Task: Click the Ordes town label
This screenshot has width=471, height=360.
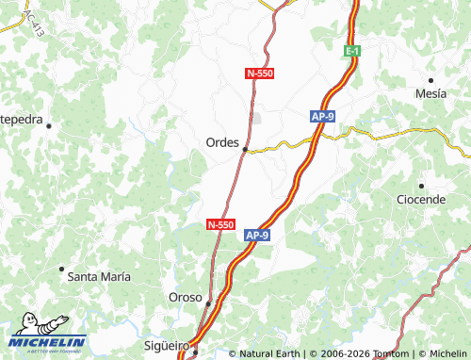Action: (222, 141)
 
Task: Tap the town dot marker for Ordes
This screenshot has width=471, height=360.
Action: (245, 149)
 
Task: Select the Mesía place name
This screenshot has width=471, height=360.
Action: (431, 94)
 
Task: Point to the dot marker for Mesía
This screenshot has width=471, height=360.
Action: (430, 80)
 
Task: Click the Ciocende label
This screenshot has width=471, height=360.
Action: (420, 200)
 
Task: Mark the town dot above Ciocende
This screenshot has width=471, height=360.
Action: (421, 186)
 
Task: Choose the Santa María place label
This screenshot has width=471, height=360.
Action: (99, 276)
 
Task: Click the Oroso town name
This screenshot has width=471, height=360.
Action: (185, 297)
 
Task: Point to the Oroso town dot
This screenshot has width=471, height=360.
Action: (208, 303)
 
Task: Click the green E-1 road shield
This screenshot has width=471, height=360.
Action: (352, 49)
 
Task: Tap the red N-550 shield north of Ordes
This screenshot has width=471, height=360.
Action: (259, 73)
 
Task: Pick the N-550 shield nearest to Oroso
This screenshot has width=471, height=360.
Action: (219, 224)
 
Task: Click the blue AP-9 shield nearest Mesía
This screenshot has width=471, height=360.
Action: (323, 116)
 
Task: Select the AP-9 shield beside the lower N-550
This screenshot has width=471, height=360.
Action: (257, 235)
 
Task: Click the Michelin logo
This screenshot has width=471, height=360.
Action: (48, 342)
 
